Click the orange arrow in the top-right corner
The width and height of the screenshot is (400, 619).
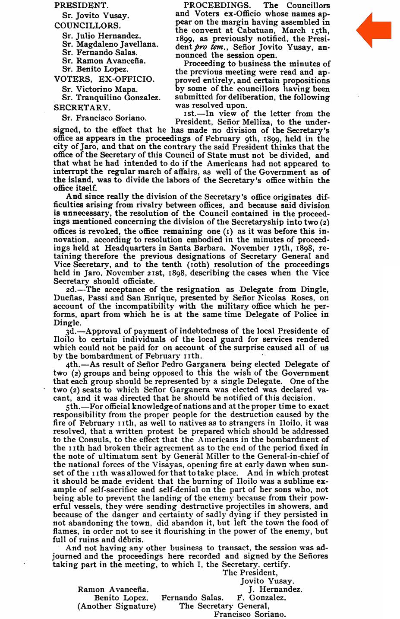click(x=374, y=30)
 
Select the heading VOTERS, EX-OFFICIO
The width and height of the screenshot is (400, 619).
click(x=104, y=79)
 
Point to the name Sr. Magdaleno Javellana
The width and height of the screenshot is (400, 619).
click(x=110, y=44)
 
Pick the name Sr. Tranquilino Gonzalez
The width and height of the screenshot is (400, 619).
click(x=111, y=98)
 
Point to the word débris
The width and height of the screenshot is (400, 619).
click(x=129, y=539)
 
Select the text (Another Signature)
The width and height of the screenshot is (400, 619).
click(x=117, y=606)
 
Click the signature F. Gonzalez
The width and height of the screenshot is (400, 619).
click(x=261, y=598)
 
